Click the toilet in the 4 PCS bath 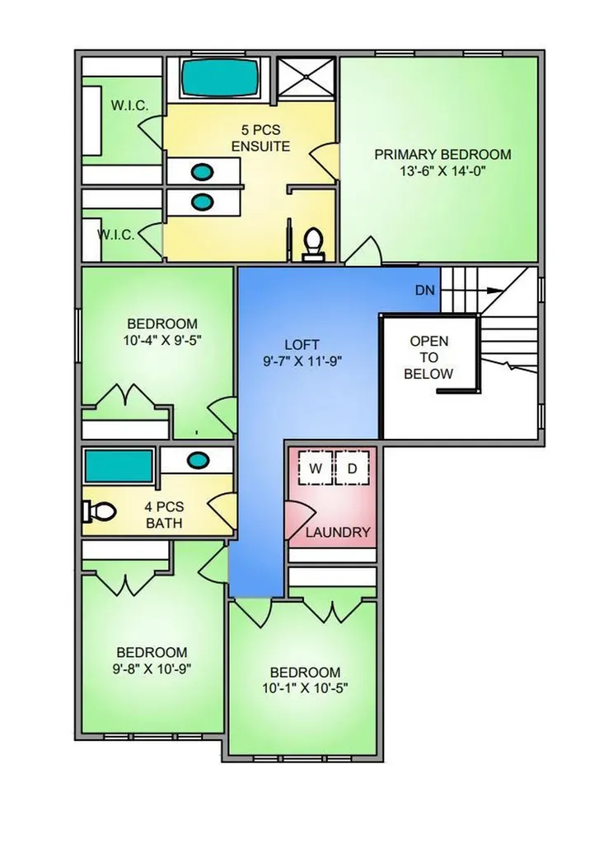click(99, 512)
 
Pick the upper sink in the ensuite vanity click(203, 172)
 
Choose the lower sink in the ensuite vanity click(203, 203)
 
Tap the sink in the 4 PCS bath click(197, 460)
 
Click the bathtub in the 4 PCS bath click(119, 466)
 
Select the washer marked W click(315, 468)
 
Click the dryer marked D click(352, 468)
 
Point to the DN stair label click(424, 291)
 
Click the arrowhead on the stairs click(494, 291)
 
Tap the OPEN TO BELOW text click(429, 357)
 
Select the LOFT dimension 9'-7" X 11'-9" click(302, 361)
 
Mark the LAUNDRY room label click(338, 533)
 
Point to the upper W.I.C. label click(129, 105)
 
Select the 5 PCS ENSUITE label click(260, 138)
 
